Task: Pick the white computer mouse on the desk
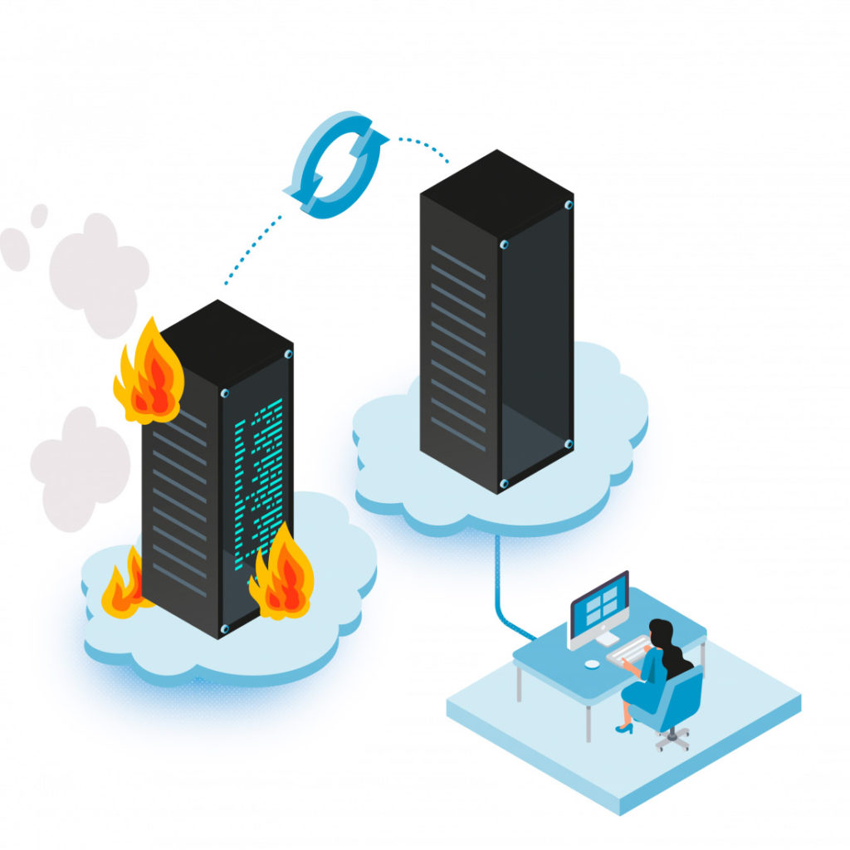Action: click(591, 664)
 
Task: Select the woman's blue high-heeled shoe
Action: click(624, 728)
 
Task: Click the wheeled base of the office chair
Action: click(672, 737)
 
